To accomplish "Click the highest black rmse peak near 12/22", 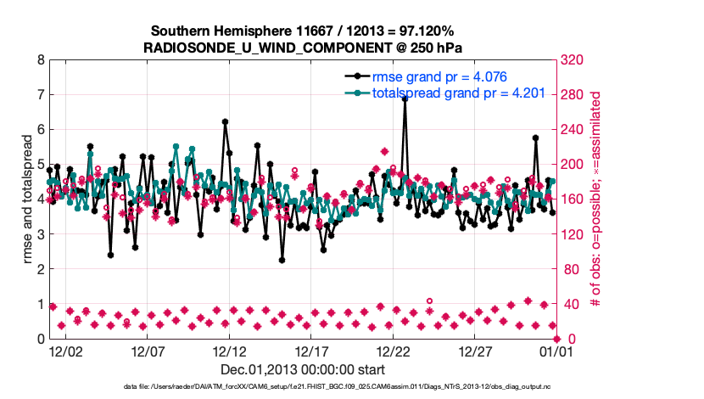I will tap(405, 98).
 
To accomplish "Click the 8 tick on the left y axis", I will tap(40, 60).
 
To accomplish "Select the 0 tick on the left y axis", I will tap(40, 339).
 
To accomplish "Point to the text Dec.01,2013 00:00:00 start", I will tap(303, 369).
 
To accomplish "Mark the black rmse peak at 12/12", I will tap(225, 121).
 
